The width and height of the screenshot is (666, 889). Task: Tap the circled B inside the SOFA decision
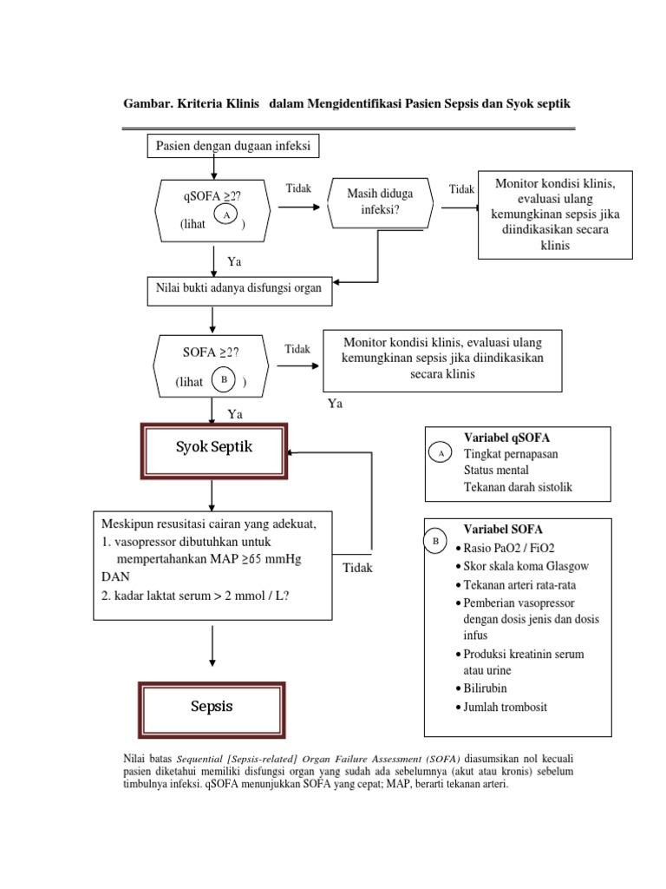point(225,380)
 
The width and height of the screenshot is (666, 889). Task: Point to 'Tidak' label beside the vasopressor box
point(357,568)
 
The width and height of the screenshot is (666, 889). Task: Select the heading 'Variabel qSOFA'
point(506,437)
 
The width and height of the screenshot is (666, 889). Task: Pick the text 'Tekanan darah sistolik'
point(518,487)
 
